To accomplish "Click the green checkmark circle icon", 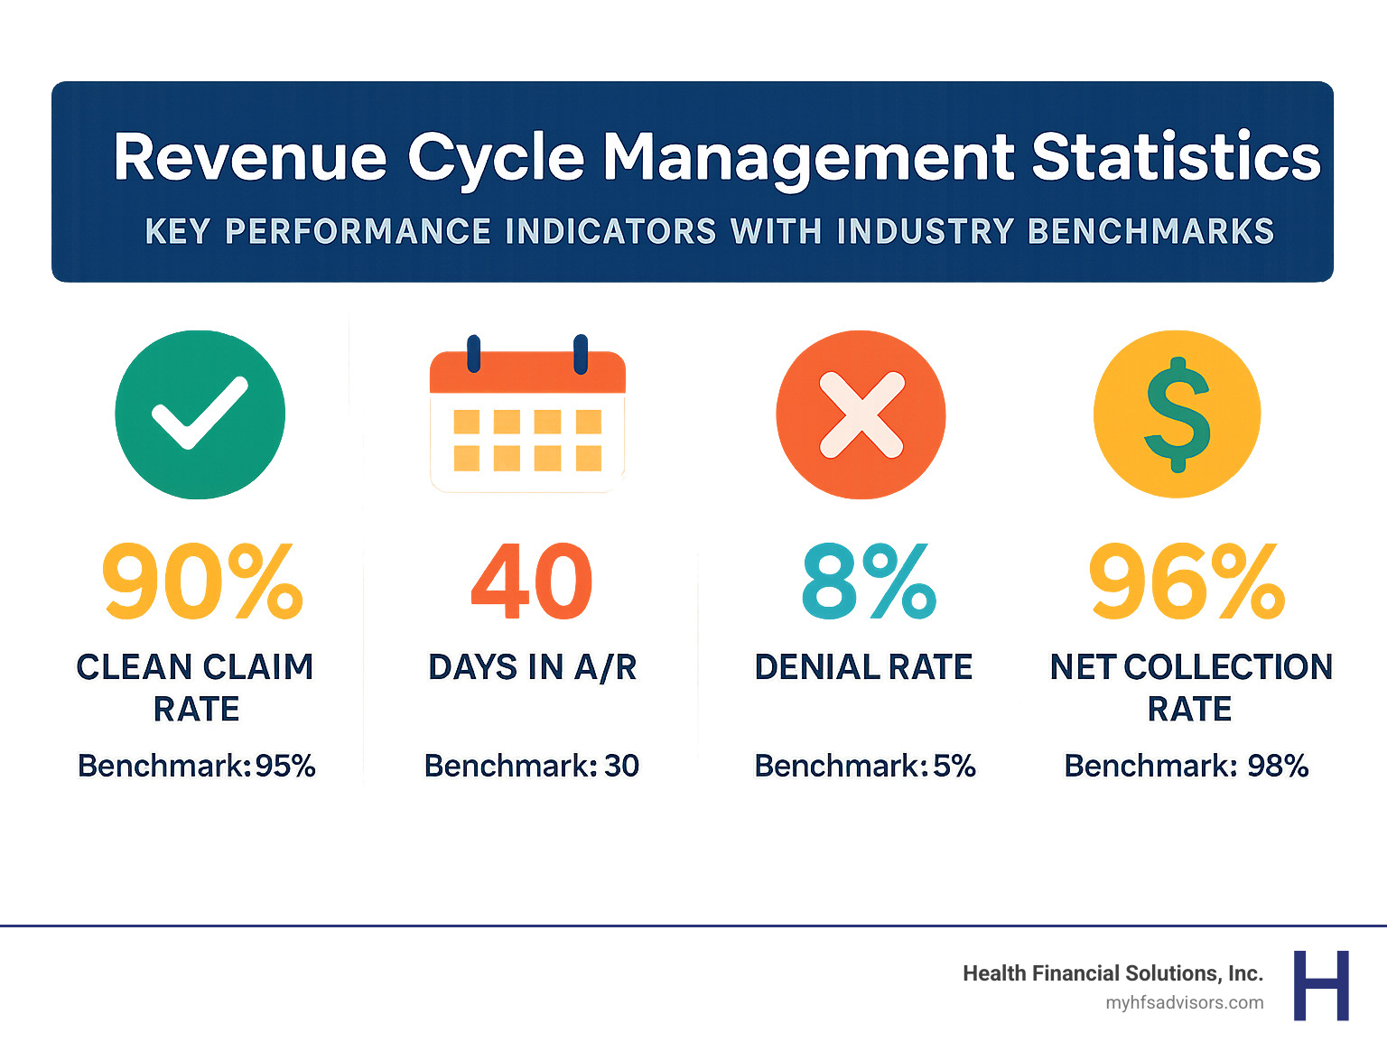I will [x=200, y=414].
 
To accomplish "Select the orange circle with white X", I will [x=861, y=414].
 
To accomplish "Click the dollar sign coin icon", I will [x=1177, y=414].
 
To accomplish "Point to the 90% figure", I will [x=202, y=581].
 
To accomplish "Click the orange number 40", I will [x=532, y=581].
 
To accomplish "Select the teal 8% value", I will [x=868, y=581].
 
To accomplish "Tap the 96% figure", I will [x=1187, y=581].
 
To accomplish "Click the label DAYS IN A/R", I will [x=532, y=667].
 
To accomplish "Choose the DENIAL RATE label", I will [x=863, y=667].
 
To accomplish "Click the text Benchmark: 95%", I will [x=197, y=766].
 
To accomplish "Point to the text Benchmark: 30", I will [x=532, y=766].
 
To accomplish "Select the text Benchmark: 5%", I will [x=865, y=766].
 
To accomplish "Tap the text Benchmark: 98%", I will [x=1187, y=766].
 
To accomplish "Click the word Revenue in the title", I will [x=250, y=158].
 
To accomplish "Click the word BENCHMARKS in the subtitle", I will [x=1150, y=232].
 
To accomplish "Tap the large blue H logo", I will [x=1321, y=985].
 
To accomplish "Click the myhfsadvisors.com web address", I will [x=1184, y=1003].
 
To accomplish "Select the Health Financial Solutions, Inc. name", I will [x=1112, y=973].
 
